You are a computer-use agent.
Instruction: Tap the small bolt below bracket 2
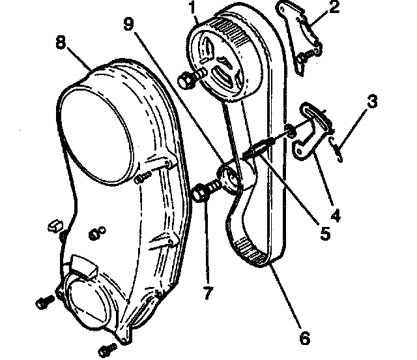click(302, 59)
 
